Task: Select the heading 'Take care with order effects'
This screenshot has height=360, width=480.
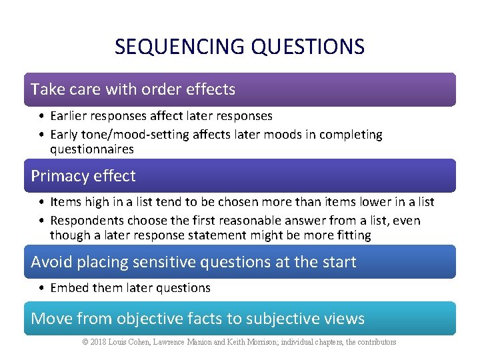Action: (133, 89)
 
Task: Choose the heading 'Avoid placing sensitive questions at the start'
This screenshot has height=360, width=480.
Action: (193, 262)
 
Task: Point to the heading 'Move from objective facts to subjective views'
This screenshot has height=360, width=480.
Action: (197, 319)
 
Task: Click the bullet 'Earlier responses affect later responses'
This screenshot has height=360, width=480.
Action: (161, 116)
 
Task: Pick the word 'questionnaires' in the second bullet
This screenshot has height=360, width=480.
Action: (91, 149)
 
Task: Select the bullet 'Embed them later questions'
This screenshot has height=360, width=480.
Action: (130, 288)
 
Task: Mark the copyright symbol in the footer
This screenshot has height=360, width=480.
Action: (85, 342)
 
